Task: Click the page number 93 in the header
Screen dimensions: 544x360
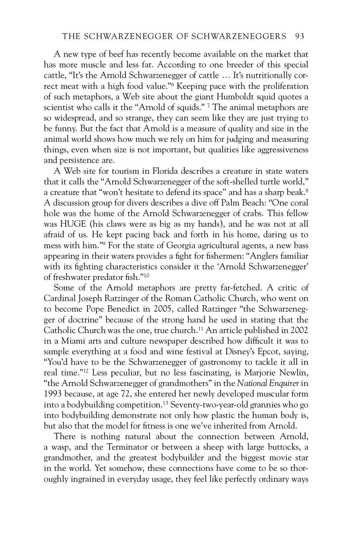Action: (299, 37)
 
